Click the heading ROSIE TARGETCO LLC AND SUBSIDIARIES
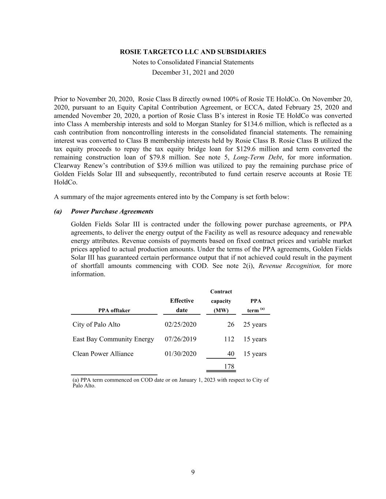click(193, 52)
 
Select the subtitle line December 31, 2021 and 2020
click(193, 72)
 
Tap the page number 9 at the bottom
click(193, 472)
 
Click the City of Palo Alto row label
click(96, 325)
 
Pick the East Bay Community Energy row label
click(113, 339)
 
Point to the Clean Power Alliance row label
click(103, 354)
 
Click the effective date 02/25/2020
click(180, 325)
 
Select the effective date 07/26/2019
click(180, 339)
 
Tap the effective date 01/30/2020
click(180, 354)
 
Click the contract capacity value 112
click(229, 339)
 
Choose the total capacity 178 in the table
click(229, 367)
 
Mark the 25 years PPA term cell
click(255, 325)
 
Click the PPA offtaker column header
click(114, 310)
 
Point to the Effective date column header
click(182, 305)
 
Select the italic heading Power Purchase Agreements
click(112, 211)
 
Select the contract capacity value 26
click(231, 325)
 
